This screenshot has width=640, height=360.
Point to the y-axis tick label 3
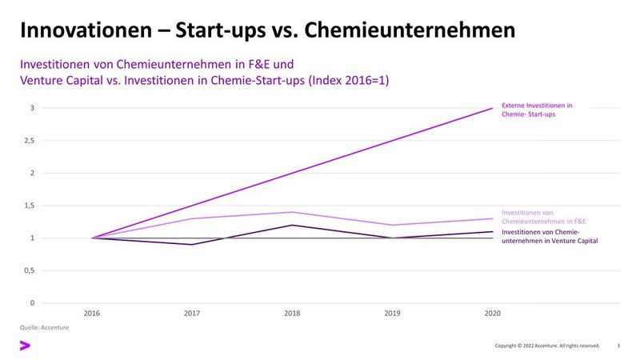pos(31,108)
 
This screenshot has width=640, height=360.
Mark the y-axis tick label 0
pos(31,303)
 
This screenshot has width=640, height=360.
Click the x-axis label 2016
pos(92,314)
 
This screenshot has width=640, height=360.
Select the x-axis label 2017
pos(192,314)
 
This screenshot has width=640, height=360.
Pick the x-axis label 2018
pos(292,314)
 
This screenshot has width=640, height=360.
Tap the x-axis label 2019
pos(392,314)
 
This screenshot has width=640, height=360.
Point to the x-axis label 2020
pos(492,314)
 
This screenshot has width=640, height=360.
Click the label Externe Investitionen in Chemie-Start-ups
pos(537,110)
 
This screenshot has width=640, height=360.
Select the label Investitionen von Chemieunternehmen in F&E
pos(543,216)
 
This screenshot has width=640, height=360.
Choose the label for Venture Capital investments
pos(550,236)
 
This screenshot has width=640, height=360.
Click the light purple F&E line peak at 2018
pos(292,212)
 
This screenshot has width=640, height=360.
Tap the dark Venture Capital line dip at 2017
pos(192,244)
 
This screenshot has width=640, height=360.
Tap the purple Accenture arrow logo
pos(25,346)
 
